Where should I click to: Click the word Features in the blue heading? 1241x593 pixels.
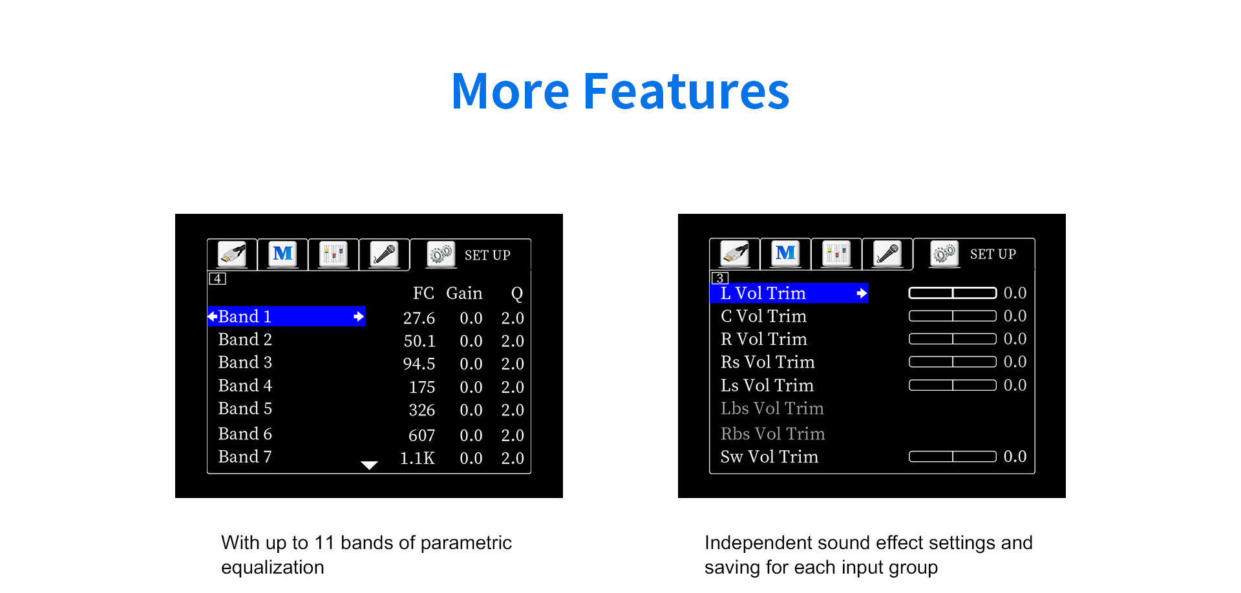point(686,91)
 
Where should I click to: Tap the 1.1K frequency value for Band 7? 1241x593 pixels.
point(418,458)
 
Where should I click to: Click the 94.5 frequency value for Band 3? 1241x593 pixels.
point(419,364)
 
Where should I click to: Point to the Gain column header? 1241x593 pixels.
point(464,293)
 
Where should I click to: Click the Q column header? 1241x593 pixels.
point(516,294)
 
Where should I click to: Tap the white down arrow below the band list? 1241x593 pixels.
point(369,465)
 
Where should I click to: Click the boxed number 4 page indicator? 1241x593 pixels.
point(217,278)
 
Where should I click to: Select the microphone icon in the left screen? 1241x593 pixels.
point(384,254)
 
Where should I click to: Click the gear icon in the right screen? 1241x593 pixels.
point(944,253)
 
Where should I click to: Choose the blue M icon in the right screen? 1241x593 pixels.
point(785,253)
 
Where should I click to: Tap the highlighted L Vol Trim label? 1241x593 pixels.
point(763,293)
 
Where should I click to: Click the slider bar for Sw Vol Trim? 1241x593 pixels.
point(952,457)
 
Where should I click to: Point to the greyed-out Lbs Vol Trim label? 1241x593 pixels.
point(772,408)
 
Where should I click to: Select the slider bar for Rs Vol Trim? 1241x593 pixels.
point(952,362)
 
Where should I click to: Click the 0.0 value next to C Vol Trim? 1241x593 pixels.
point(1015,316)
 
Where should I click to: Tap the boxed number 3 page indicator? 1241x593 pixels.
point(720,278)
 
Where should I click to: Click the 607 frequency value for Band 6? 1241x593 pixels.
point(421,435)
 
